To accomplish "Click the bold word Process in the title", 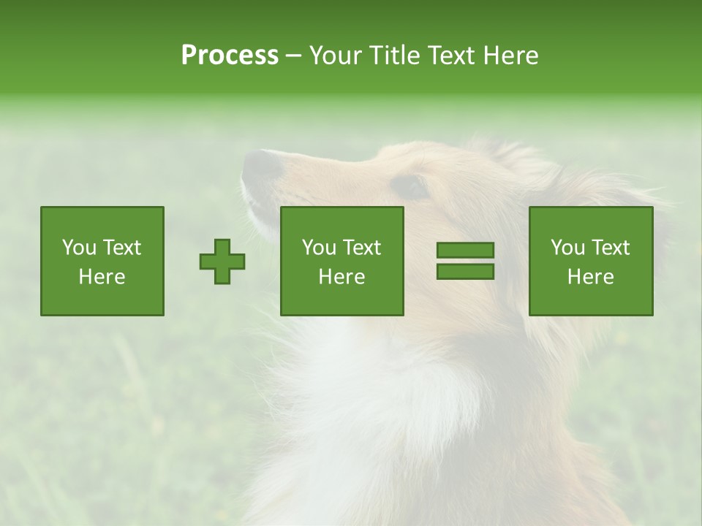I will [x=230, y=56].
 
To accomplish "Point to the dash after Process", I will [x=293, y=56].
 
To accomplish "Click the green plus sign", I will [x=222, y=261].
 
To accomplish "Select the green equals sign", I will [x=465, y=261].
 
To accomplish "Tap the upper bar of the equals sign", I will [x=465, y=251].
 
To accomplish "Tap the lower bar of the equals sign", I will [x=465, y=271].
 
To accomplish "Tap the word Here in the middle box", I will [x=341, y=277].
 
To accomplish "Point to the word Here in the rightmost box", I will [x=591, y=277].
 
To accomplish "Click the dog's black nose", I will [x=261, y=165].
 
